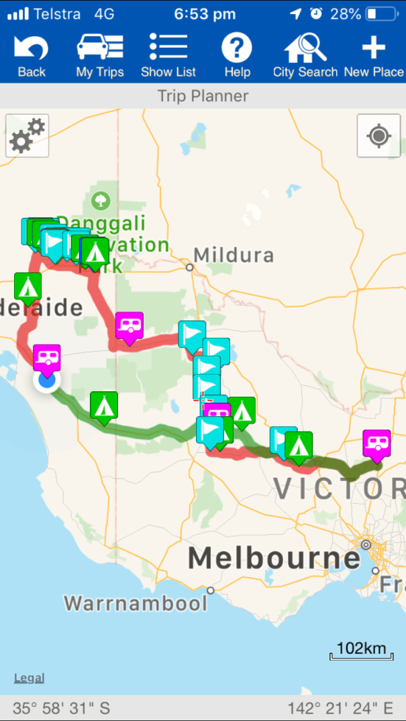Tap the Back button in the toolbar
coord(31,57)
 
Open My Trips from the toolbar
coord(100,57)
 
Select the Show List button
coord(168,57)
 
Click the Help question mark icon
coord(237,57)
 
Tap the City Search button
coord(305,57)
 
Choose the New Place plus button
coord(374,57)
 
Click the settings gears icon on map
coord(27,135)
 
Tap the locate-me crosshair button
coord(378,136)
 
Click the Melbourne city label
coord(274,558)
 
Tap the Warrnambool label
coord(136,602)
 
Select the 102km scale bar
coord(361,650)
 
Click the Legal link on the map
coord(29,678)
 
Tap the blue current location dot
coord(47,381)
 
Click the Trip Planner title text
coord(203,96)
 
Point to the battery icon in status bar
coord(382,13)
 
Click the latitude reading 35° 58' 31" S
coord(61,708)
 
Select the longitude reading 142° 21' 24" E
coord(340,708)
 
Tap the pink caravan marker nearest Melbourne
coord(376,444)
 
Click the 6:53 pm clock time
coord(204,13)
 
